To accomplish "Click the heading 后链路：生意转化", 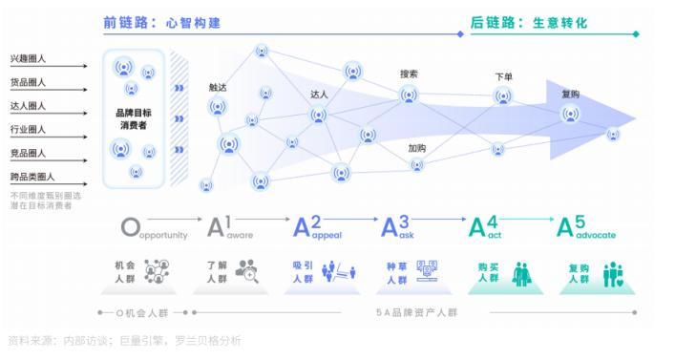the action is [x=528, y=21].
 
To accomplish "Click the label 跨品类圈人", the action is [x=32, y=177].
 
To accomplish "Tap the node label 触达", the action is [x=218, y=87].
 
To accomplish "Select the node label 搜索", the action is [x=410, y=74].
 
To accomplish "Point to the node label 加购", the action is [x=416, y=149].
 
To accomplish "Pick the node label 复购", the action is [x=571, y=95].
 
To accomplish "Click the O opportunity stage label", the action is [x=154, y=230].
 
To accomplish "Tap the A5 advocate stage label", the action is [x=585, y=229].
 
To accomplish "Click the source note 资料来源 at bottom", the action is [x=124, y=340].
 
